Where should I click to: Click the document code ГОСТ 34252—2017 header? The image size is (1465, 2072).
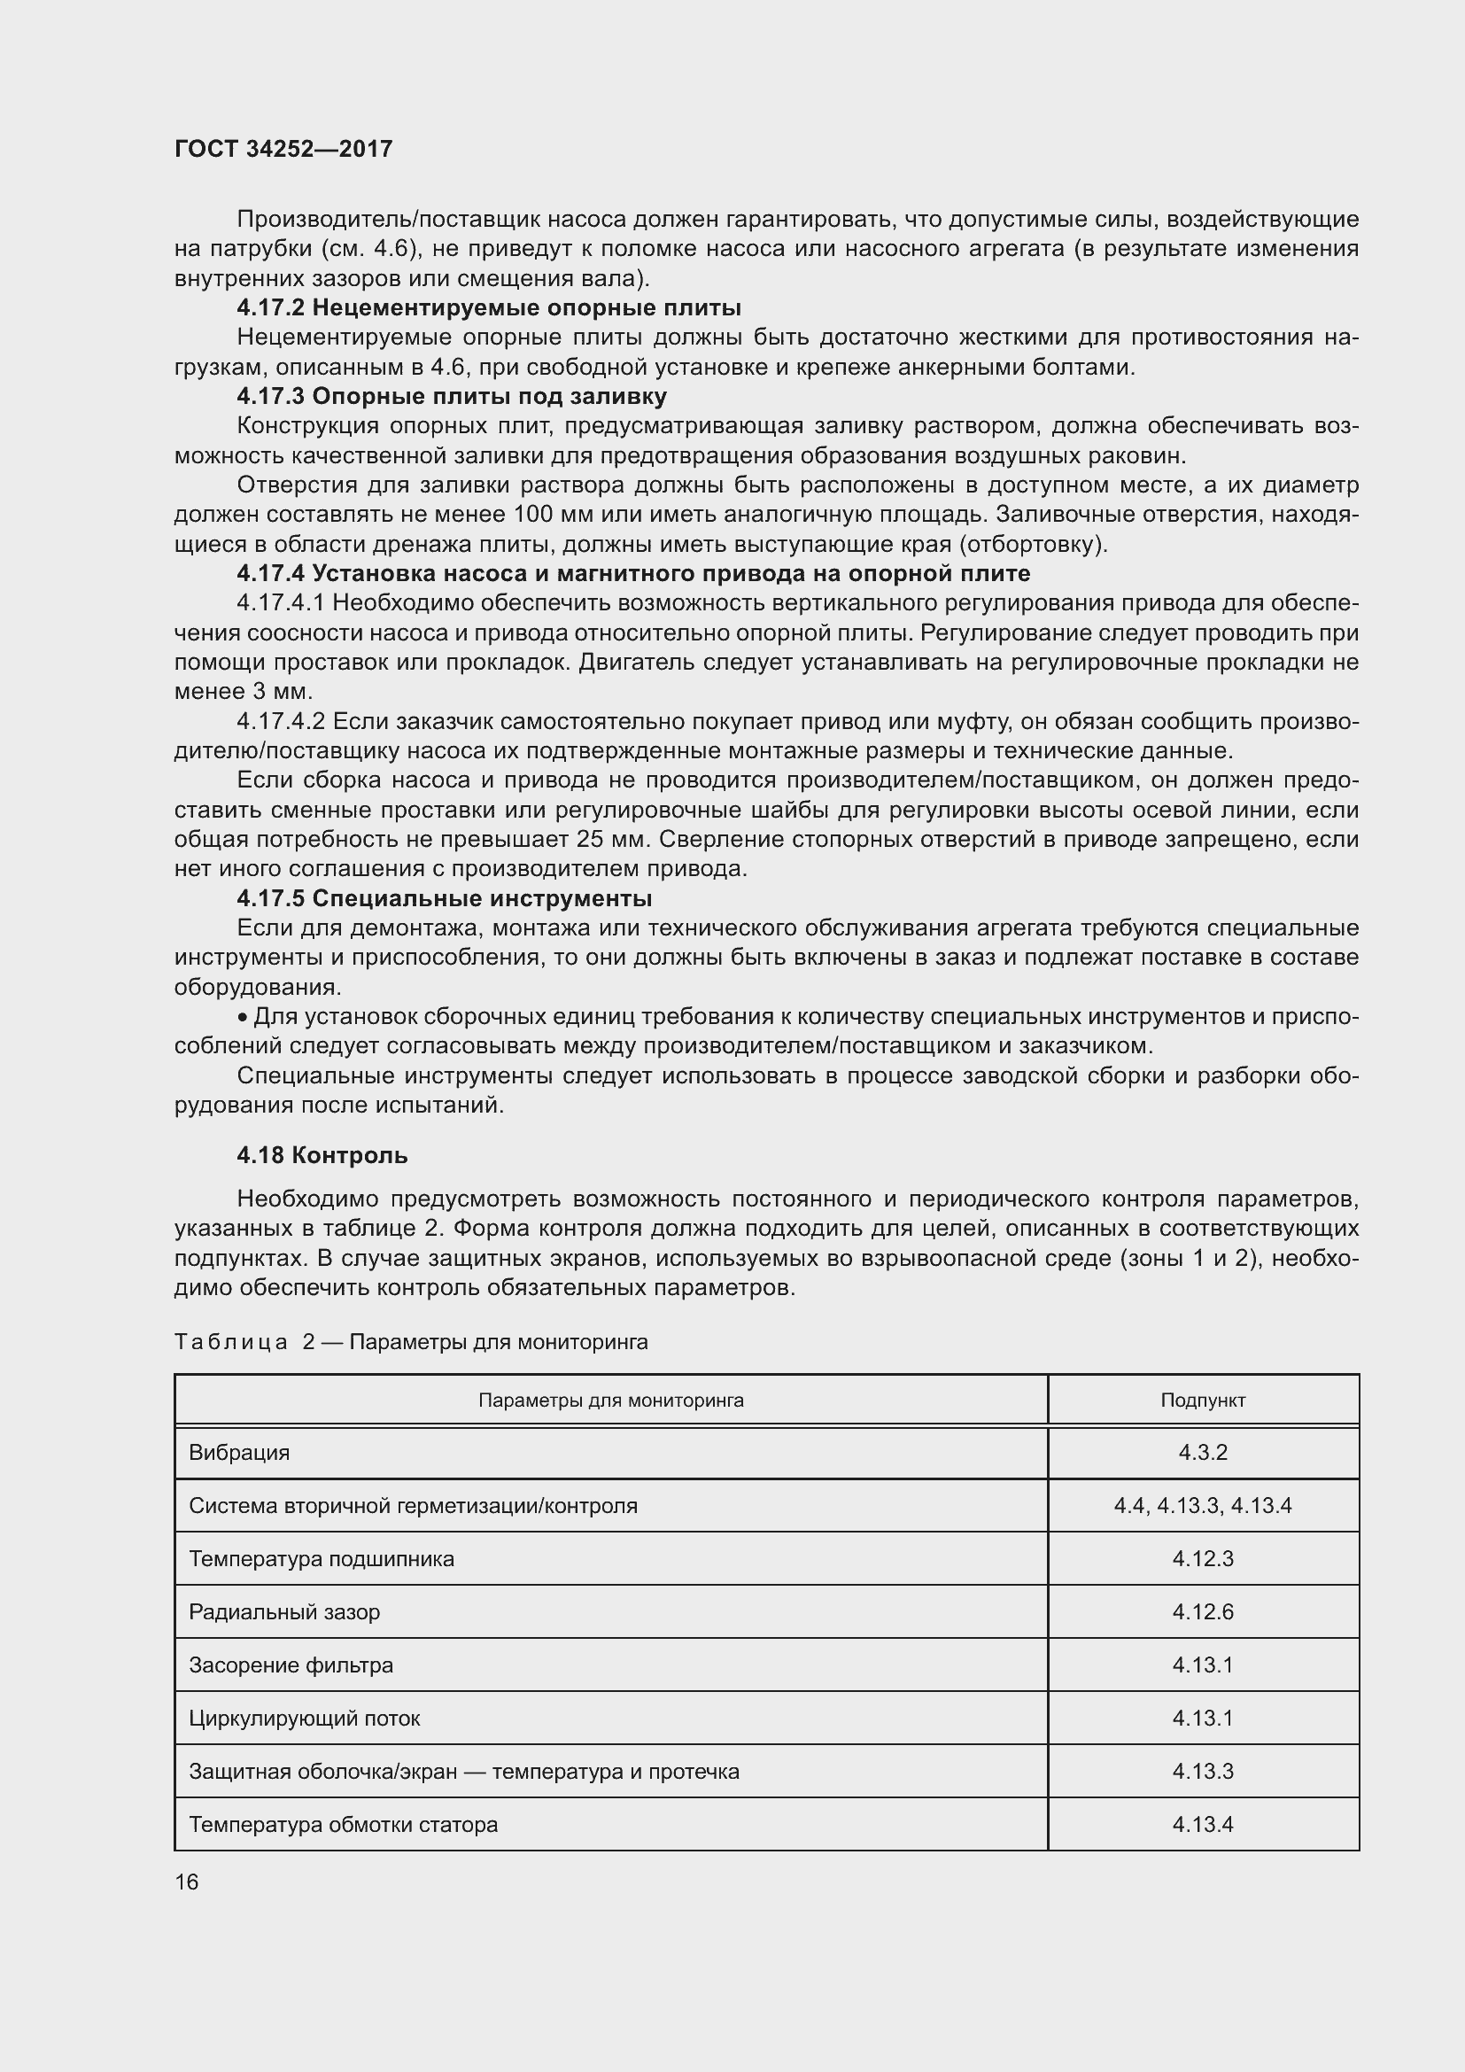(x=283, y=149)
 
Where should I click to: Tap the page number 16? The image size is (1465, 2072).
(x=187, y=1882)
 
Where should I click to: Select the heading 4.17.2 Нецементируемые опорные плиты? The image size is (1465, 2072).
(x=488, y=307)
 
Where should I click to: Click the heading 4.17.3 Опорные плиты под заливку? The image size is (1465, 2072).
(x=451, y=396)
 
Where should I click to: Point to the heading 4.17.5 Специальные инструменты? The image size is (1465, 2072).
(x=444, y=898)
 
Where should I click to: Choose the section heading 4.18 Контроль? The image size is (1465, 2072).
(x=322, y=1155)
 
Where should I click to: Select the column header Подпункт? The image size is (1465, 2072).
(x=1203, y=1401)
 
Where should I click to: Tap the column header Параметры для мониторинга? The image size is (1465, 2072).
(x=611, y=1401)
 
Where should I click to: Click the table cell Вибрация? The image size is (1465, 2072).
(x=239, y=1453)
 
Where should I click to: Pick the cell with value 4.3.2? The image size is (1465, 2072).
(x=1203, y=1453)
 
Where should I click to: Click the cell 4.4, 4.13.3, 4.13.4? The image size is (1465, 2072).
(x=1203, y=1506)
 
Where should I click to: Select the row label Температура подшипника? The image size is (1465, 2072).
(x=322, y=1559)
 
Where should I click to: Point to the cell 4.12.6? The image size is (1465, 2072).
(x=1203, y=1612)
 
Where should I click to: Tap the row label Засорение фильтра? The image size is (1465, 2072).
(x=291, y=1666)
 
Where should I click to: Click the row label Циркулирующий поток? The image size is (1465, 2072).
(x=304, y=1719)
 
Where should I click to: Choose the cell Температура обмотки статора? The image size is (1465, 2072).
(x=343, y=1825)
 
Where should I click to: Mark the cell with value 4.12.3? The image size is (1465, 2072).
(x=1203, y=1559)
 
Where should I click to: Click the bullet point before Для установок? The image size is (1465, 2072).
(x=242, y=1018)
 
